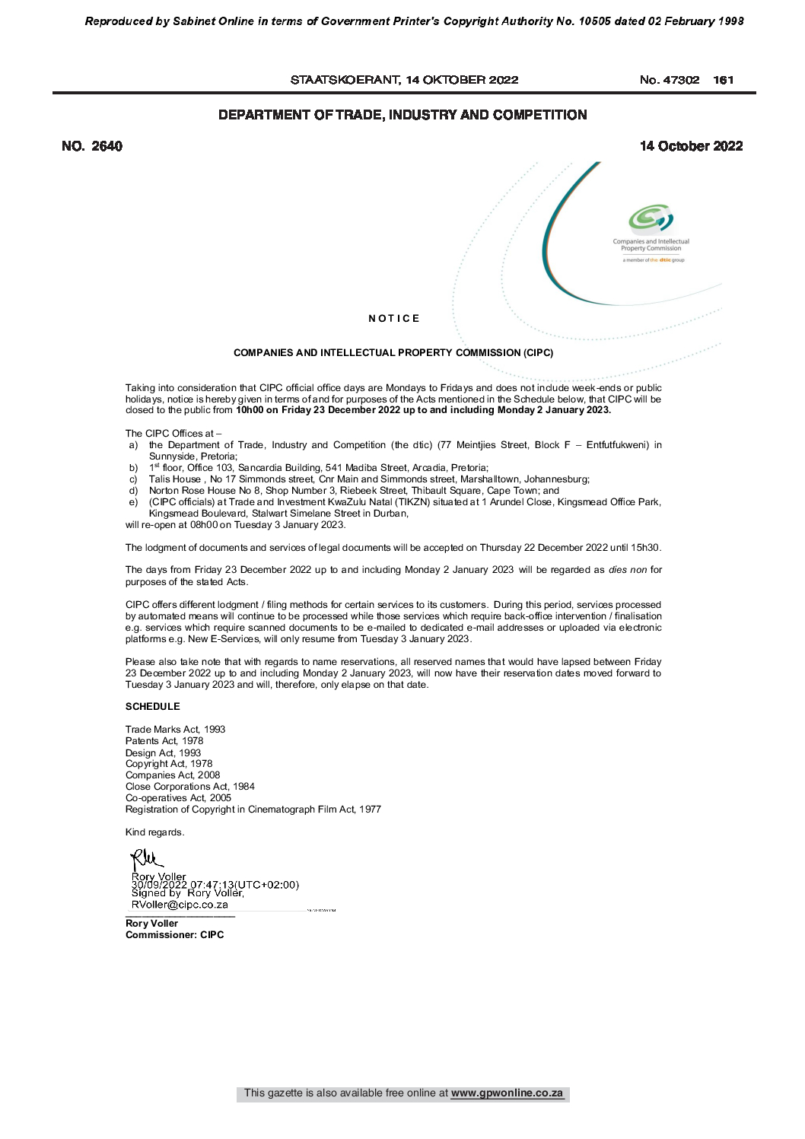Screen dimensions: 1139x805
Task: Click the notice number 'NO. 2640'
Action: tap(92, 146)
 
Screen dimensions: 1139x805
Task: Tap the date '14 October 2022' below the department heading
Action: tap(691, 146)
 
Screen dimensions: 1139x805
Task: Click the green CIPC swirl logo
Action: tap(651, 219)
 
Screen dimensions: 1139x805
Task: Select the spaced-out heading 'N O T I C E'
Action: tap(394, 319)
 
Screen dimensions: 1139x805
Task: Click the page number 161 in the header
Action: tap(724, 80)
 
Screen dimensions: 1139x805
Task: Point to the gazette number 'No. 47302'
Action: tap(670, 80)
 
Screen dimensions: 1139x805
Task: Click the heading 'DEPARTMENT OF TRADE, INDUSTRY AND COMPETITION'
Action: tap(402, 115)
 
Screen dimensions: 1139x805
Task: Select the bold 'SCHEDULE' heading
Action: tap(153, 706)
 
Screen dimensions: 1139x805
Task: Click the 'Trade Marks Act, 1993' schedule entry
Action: tap(175, 729)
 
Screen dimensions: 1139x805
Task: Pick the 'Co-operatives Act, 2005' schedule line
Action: tap(178, 798)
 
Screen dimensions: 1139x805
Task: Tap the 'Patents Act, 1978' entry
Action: tap(164, 740)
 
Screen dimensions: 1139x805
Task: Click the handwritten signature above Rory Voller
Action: tap(147, 859)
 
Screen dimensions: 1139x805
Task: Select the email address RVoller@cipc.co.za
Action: tap(180, 905)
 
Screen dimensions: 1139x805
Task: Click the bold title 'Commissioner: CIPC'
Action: tap(175, 934)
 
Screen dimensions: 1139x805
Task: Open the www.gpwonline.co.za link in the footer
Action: tap(507, 1093)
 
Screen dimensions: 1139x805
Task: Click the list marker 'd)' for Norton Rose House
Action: tap(134, 491)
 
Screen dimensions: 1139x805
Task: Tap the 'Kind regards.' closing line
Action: tap(154, 832)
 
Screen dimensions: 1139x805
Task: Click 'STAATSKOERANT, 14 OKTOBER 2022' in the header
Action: tap(404, 80)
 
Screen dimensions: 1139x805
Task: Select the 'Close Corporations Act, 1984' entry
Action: tap(190, 787)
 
